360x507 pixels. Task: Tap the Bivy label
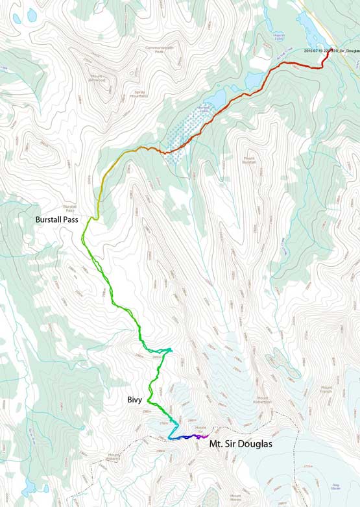[x=136, y=401]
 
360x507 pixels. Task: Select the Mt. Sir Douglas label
[x=240, y=445]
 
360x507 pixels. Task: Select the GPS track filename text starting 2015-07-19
[x=331, y=50]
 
